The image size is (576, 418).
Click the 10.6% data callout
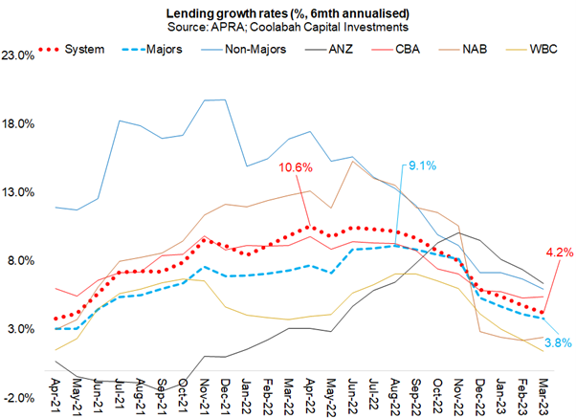(296, 168)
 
